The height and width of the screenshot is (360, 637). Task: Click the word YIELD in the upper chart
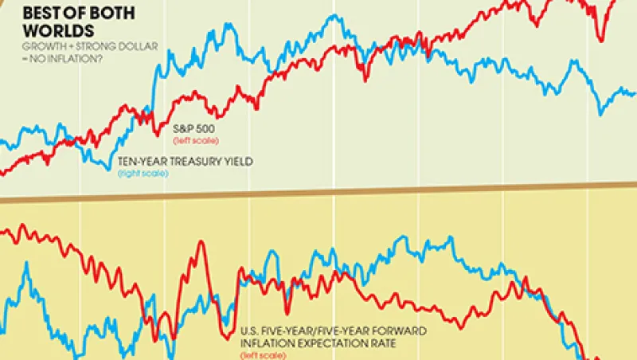coord(236,161)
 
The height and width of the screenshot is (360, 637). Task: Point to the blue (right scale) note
coord(143,173)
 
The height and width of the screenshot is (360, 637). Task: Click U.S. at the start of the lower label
coord(250,331)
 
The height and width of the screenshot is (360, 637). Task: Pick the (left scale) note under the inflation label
coord(264,356)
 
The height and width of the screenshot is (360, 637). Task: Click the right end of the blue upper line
coord(635,93)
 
